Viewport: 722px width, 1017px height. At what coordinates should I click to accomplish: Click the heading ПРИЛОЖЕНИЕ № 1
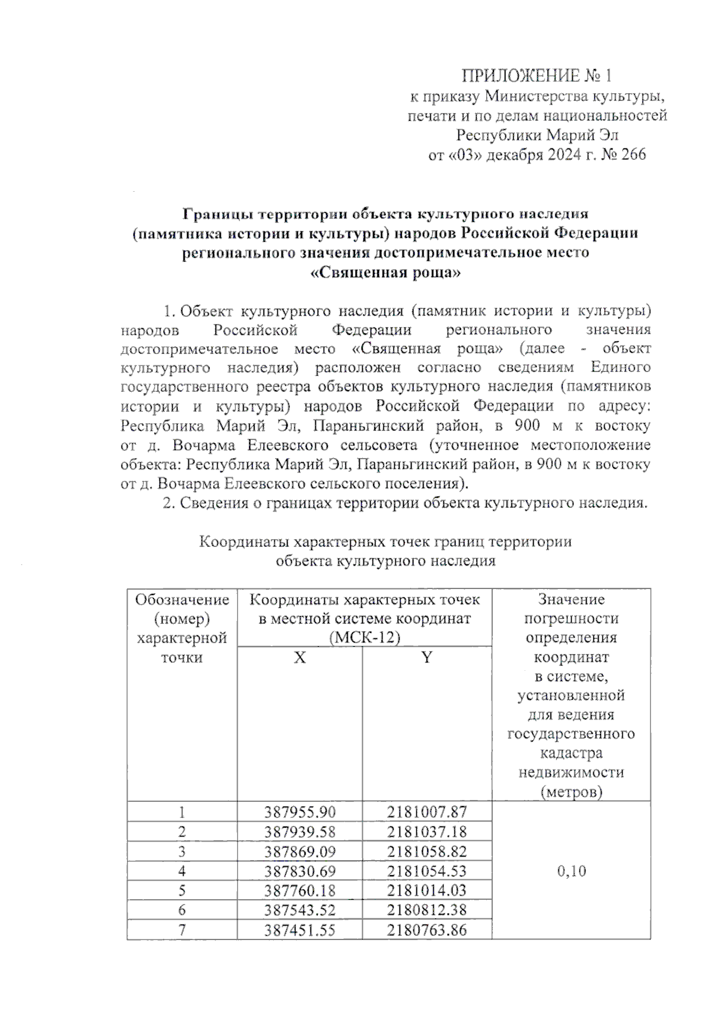pyautogui.click(x=537, y=76)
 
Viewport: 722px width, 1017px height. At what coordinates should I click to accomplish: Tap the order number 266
pyautogui.click(x=633, y=154)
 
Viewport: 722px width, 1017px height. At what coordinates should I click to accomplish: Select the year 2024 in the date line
pyautogui.click(x=563, y=154)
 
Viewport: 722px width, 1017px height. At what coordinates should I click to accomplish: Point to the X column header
pyautogui.click(x=300, y=658)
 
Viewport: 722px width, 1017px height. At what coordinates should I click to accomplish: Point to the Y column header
pyautogui.click(x=427, y=658)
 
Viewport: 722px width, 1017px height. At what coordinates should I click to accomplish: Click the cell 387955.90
pyautogui.click(x=300, y=812)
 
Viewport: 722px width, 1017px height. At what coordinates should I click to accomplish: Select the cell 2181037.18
pyautogui.click(x=427, y=832)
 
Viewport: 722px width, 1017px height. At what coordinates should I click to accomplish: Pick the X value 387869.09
pyautogui.click(x=300, y=852)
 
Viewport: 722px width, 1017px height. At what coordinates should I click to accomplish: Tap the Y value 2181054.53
pyautogui.click(x=427, y=871)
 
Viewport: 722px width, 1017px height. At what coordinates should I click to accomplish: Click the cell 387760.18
pyautogui.click(x=300, y=890)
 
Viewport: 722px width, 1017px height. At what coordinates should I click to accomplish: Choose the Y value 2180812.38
pyautogui.click(x=427, y=910)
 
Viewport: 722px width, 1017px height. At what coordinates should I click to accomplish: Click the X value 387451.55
pyautogui.click(x=300, y=930)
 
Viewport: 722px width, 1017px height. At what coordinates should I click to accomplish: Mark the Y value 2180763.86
pyautogui.click(x=427, y=930)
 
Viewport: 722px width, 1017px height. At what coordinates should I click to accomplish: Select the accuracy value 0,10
pyautogui.click(x=571, y=871)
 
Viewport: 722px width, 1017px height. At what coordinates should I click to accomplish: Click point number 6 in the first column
pyautogui.click(x=182, y=910)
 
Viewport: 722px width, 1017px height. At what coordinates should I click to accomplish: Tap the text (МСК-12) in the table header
pyautogui.click(x=365, y=638)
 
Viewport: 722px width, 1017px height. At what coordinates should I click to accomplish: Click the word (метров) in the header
pyautogui.click(x=571, y=792)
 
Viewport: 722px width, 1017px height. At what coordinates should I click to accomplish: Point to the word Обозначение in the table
pyautogui.click(x=182, y=599)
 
